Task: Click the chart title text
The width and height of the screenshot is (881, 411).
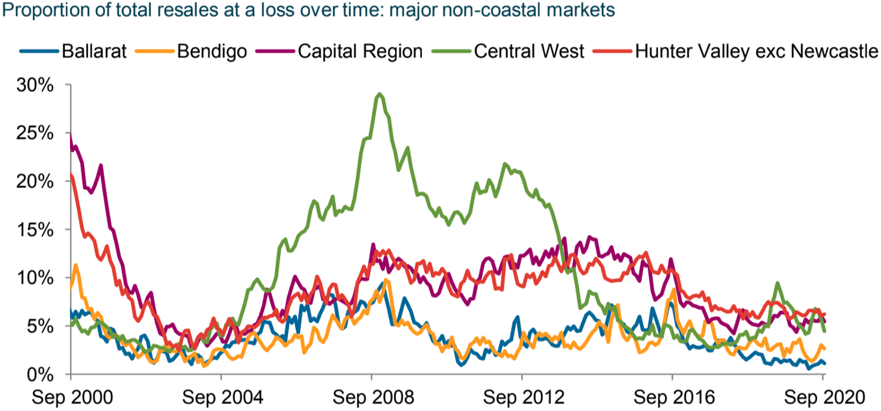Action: coord(308,11)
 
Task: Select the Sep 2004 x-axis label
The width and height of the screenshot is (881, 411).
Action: coord(221,398)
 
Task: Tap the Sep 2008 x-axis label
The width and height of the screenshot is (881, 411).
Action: coord(371,398)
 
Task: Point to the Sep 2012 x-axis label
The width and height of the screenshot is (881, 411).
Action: coord(522,398)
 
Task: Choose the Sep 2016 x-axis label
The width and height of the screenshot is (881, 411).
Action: coord(673,398)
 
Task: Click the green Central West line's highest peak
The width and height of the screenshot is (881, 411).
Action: coord(379,94)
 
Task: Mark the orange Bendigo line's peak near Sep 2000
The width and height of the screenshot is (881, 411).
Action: coord(75,265)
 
